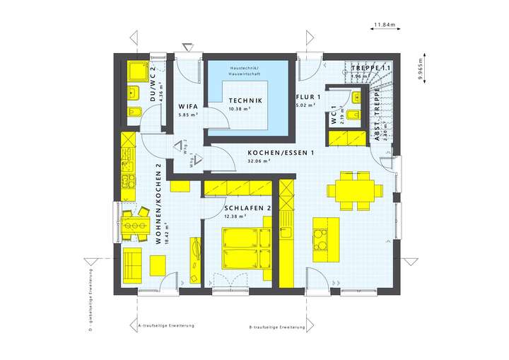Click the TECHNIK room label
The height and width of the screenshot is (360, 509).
coord(245,101)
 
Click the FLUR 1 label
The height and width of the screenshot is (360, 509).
coord(310,98)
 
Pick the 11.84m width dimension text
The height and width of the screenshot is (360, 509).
coord(385,25)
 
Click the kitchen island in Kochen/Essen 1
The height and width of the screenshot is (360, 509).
coord(325,235)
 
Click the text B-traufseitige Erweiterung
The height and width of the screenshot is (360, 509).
coord(277,328)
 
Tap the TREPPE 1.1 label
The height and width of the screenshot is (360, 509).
coord(371,67)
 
